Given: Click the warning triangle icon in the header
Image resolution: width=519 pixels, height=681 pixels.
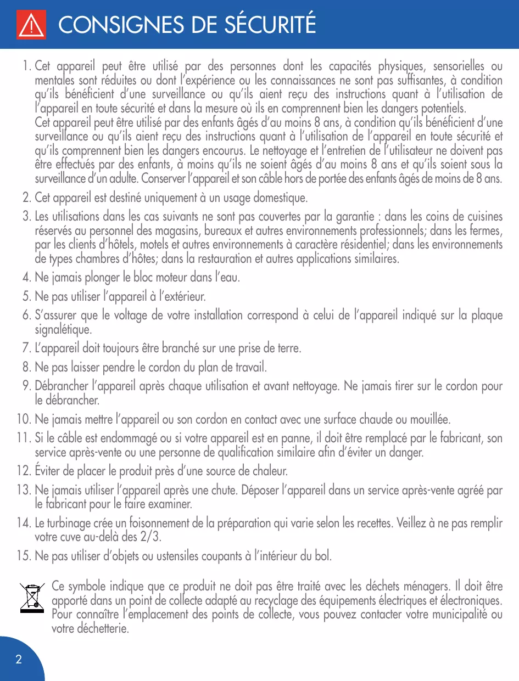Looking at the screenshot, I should pyautogui.click(x=31, y=25).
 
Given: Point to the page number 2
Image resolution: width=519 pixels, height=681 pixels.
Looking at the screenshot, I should pyautogui.click(x=19, y=659).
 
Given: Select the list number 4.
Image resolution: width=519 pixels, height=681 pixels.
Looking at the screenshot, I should pyautogui.click(x=26, y=278).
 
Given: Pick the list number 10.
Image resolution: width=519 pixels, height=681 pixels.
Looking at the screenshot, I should pyautogui.click(x=23, y=420).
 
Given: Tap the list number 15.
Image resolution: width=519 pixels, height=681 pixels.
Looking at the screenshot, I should pyautogui.click(x=23, y=556).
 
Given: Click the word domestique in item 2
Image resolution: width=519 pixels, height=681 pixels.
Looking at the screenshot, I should pyautogui.click(x=281, y=197).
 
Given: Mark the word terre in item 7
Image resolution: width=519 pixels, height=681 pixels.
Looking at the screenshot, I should pyautogui.click(x=289, y=348).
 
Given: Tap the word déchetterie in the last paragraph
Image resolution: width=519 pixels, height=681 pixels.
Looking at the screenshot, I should pyautogui.click(x=91, y=629).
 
